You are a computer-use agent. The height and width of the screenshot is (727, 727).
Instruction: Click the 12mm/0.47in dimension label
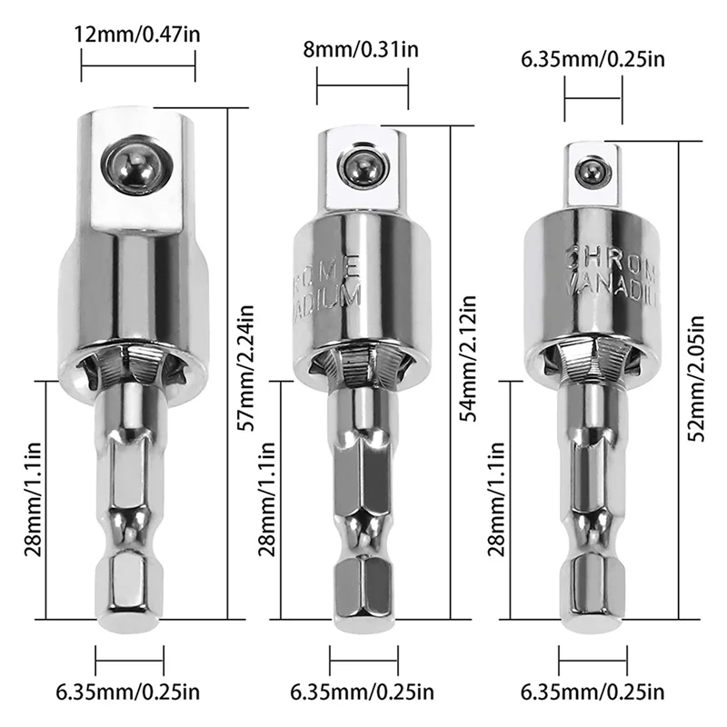(x=138, y=35)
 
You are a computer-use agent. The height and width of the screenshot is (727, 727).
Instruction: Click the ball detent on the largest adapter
(x=134, y=166)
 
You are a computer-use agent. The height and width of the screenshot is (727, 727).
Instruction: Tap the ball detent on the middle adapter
(x=360, y=165)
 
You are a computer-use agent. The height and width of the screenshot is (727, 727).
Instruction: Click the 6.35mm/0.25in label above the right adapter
(x=593, y=60)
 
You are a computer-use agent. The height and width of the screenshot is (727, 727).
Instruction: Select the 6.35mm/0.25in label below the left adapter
(x=132, y=693)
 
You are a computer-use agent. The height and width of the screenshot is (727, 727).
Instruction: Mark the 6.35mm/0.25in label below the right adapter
(x=593, y=693)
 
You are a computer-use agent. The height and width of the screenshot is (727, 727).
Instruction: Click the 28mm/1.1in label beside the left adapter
(x=33, y=500)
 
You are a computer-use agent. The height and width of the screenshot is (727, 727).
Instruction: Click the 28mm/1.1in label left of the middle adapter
(x=266, y=500)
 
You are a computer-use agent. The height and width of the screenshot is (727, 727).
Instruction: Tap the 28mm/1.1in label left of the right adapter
(x=496, y=500)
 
